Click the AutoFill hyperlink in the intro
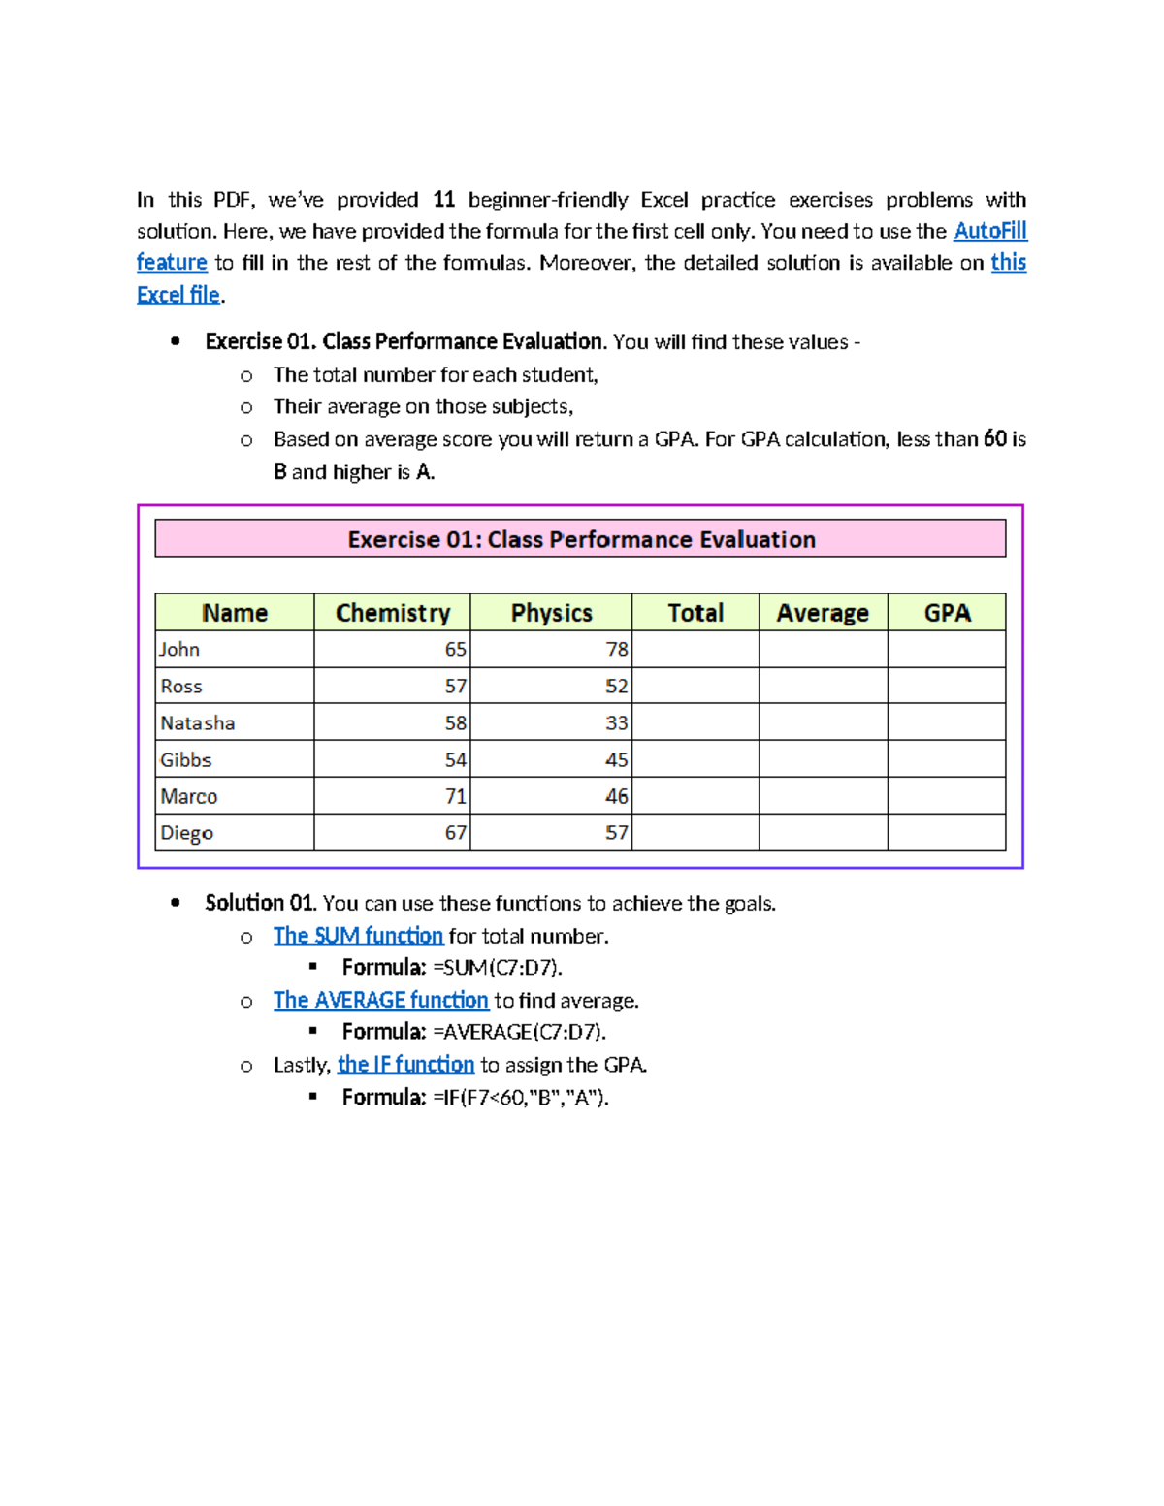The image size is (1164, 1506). point(989,231)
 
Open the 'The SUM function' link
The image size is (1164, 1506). point(358,936)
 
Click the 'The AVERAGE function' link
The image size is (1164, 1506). point(380,1000)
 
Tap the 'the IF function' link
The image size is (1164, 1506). point(405,1065)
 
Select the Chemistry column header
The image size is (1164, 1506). point(393,613)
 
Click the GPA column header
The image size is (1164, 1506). point(947,613)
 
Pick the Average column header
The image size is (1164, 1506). point(823,613)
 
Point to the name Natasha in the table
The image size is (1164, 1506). point(198,723)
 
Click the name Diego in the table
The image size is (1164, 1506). point(186,833)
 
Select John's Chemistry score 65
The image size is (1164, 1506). point(455,650)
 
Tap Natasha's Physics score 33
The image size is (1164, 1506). point(616,723)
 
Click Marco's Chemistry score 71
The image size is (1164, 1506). point(455,797)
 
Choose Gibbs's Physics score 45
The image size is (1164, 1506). point(616,760)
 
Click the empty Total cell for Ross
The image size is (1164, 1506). point(695,687)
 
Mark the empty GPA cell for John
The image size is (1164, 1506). point(947,650)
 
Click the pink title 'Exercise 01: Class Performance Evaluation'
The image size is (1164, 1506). point(581,539)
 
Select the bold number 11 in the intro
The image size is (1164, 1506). point(443,200)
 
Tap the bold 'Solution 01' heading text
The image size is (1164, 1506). point(259,904)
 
